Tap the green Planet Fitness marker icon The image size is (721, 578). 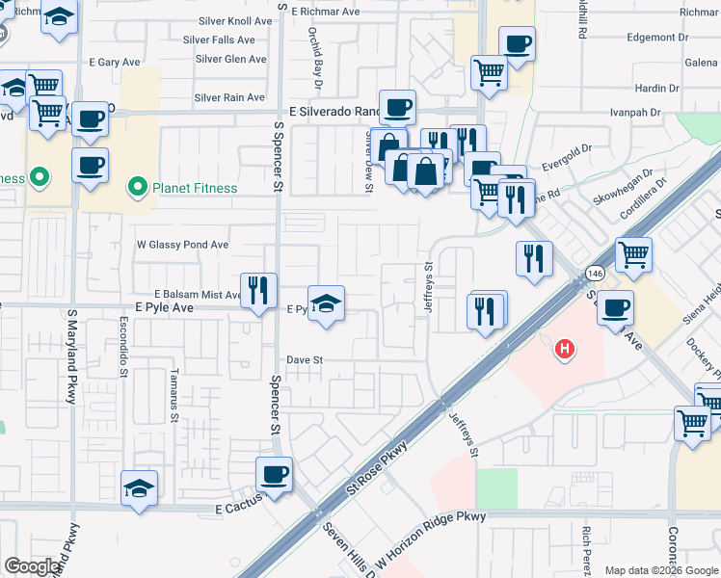(136, 187)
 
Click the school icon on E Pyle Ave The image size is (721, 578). (326, 303)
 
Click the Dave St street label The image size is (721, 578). (303, 360)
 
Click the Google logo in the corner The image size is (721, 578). (32, 566)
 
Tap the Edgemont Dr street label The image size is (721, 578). (657, 38)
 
